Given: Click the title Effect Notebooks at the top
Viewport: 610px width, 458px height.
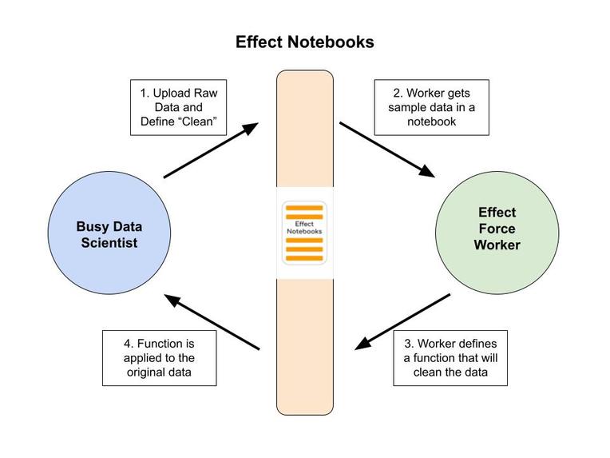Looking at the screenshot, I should [304, 42].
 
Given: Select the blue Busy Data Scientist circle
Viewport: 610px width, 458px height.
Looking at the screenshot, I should [109, 233].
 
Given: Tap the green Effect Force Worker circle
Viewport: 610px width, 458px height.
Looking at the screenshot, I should [497, 229].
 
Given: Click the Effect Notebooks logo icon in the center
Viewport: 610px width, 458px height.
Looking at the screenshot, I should [304, 233].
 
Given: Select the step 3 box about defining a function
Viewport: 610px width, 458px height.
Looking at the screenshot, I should [451, 357].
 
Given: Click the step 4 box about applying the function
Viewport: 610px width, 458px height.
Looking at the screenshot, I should [160, 358].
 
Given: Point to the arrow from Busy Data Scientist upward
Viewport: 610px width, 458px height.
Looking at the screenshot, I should [211, 150].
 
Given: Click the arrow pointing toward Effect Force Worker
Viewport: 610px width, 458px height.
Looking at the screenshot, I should [387, 149].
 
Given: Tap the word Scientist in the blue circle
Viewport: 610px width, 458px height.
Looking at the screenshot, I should [109, 242].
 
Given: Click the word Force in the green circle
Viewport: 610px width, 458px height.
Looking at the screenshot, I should [497, 229].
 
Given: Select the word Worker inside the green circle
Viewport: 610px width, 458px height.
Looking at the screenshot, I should [497, 245].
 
